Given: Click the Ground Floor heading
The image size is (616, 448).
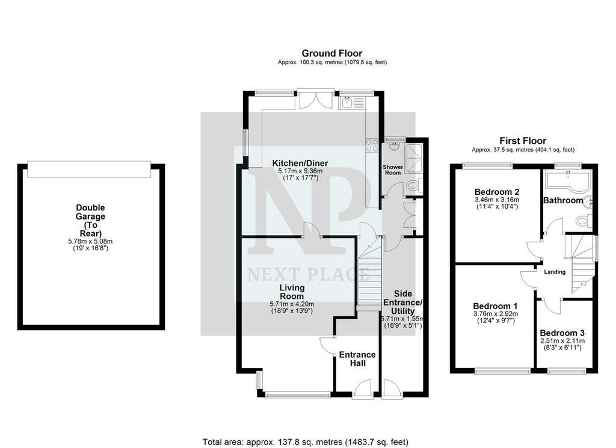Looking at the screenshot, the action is coord(332,53).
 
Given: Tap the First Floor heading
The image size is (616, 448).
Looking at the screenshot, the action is coord(523,141).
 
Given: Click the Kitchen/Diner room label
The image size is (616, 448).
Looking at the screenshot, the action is coord(300,163).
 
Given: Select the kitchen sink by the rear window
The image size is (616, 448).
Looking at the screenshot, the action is coord(353,103).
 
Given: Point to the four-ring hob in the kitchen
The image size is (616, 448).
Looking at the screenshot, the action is coord(372,146).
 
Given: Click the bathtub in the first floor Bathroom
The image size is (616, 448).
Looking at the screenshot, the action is coord(568,181).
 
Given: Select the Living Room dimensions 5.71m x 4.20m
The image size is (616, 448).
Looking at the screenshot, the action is coord(292,304).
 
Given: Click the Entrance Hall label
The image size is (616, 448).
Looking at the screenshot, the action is coord(357,359).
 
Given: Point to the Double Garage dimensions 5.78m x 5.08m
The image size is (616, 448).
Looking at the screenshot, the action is coord(90,242).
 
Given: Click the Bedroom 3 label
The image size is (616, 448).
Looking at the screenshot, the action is coord(562,333).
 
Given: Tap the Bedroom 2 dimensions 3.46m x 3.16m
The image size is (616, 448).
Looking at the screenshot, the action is coord(497,200).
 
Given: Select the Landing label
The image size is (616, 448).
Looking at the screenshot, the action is coord(555,272).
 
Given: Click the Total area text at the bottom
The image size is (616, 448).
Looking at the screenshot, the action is coord(305,442).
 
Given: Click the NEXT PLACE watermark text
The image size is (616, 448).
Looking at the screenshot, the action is coord(308,274).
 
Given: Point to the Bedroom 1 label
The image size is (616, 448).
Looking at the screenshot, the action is coord(495,306).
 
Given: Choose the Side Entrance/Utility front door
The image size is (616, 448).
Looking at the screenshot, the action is coord(391,389).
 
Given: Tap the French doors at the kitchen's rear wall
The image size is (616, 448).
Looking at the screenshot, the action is coord(316,99).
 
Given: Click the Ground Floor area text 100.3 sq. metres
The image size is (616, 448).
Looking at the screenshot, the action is coord(332,62).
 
